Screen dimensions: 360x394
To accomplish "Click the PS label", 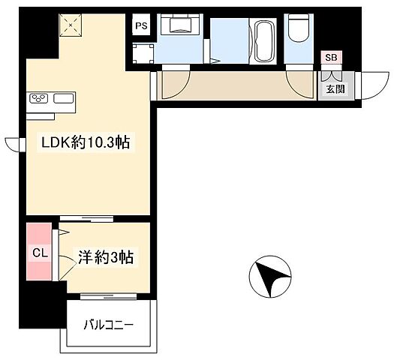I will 141,25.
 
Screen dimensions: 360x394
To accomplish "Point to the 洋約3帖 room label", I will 106,258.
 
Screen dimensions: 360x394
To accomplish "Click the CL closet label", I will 40,253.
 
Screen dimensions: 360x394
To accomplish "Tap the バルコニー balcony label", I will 110,326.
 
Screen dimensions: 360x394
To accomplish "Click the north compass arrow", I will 270,275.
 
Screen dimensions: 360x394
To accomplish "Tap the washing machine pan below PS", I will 143,53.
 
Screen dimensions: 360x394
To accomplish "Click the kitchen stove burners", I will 39,97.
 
